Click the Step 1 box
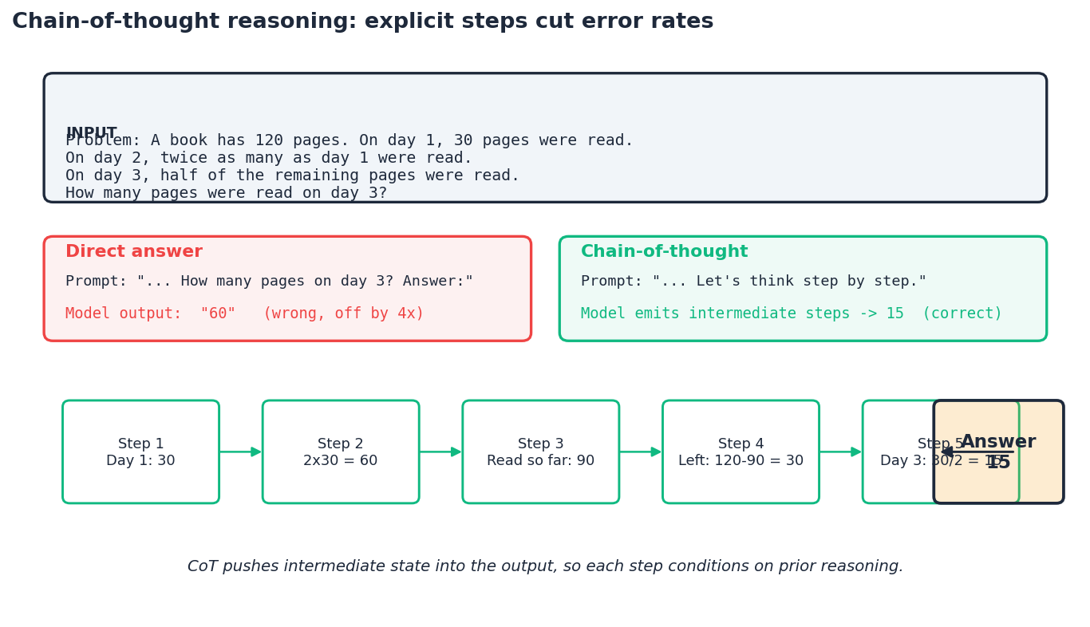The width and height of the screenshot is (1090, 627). point(140,452)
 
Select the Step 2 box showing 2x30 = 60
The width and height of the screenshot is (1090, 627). point(341,452)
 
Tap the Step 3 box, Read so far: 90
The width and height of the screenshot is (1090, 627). point(540,452)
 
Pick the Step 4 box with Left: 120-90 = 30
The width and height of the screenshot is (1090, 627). point(740,452)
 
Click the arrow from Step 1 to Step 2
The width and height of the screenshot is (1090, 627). point(240,452)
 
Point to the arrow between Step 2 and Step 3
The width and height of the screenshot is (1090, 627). point(440,452)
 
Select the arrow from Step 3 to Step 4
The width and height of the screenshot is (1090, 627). point(641,452)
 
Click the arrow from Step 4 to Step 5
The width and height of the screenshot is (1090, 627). point(840,452)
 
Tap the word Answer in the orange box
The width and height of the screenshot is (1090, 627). point(998,442)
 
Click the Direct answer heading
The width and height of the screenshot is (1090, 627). point(134,252)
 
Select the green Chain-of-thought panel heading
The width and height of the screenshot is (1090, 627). point(664,252)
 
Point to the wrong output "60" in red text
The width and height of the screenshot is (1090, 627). point(218,313)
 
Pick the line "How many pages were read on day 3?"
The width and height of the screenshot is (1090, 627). point(226,193)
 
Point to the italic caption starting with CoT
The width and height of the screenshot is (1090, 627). point(545,566)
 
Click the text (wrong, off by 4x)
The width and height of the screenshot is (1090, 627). point(343,313)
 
